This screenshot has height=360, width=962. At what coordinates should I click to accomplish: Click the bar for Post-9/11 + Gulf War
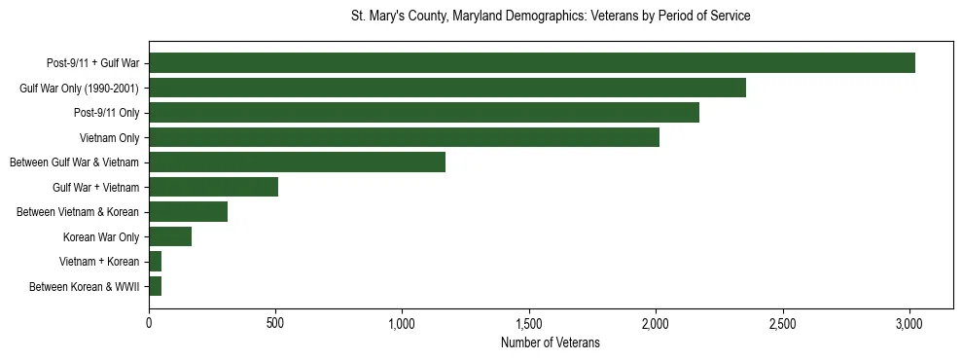click(532, 63)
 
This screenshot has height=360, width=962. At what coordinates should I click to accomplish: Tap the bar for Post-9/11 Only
click(424, 113)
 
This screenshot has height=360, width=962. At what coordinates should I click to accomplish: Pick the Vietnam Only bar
click(404, 137)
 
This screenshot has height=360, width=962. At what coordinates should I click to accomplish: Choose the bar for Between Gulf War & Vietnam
click(297, 162)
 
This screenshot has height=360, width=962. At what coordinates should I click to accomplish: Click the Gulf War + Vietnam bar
click(213, 187)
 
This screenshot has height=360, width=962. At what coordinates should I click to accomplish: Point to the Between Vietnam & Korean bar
click(188, 212)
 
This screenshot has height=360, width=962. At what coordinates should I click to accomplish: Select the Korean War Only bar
click(170, 236)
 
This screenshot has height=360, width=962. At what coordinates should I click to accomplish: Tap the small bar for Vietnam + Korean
click(155, 262)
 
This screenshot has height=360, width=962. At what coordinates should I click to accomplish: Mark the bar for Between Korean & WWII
click(155, 286)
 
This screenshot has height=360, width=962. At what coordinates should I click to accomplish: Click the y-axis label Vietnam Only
click(109, 138)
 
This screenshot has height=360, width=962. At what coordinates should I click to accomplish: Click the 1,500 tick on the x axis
click(529, 322)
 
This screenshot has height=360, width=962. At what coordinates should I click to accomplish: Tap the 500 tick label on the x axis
click(275, 322)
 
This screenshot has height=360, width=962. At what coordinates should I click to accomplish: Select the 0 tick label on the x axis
click(149, 322)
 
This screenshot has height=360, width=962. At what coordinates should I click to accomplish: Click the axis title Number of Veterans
click(550, 342)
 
